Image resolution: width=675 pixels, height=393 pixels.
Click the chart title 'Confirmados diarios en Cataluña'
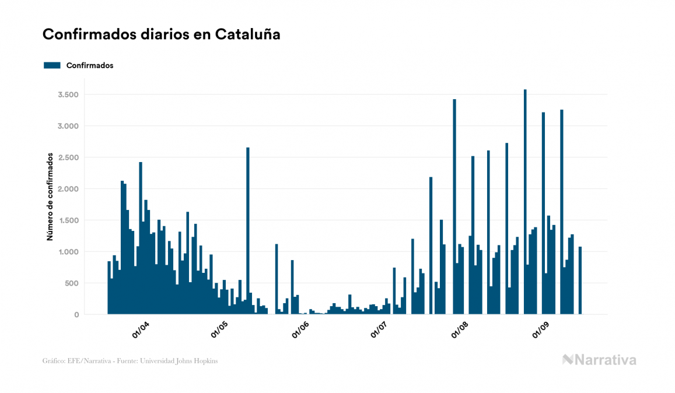point(162,34)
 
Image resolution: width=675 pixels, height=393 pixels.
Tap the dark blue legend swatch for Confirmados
point(52,65)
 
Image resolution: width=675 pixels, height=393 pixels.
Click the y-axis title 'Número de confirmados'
point(50,197)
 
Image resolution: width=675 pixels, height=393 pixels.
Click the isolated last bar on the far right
point(580,280)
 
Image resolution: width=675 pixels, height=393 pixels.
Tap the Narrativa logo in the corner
point(599,360)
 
